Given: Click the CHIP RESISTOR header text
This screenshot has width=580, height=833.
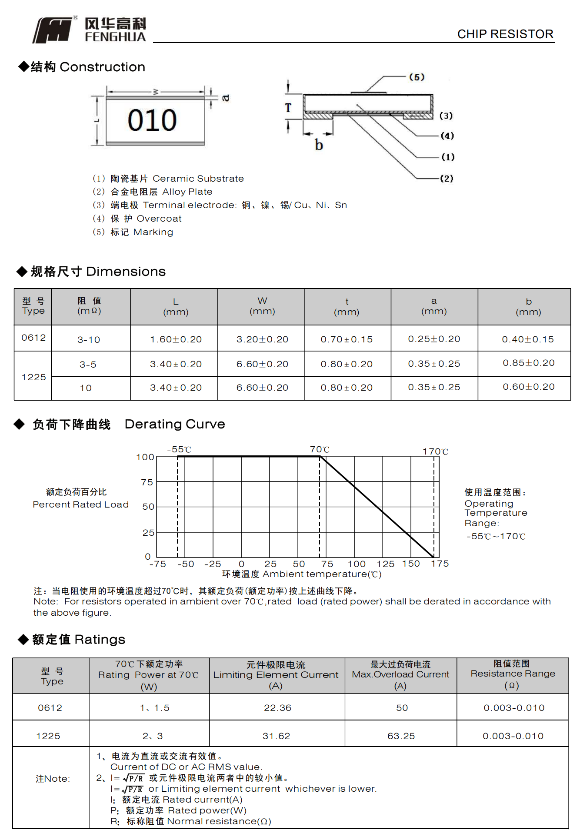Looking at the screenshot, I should click(x=505, y=34).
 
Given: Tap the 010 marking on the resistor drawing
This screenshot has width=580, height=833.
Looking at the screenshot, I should click(x=152, y=120).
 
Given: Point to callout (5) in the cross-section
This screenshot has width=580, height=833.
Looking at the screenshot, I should click(x=417, y=77).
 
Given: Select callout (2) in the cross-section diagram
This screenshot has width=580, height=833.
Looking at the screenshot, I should click(x=447, y=178).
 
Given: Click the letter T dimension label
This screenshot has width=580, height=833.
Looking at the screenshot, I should click(x=288, y=108).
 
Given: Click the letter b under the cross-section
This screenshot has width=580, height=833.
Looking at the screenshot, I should click(x=319, y=145).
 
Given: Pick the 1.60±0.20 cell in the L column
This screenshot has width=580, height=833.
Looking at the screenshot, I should click(x=176, y=339).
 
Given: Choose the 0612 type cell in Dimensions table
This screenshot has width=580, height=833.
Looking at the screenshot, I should click(x=33, y=338).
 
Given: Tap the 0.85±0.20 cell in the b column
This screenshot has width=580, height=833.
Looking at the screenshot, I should click(x=528, y=363).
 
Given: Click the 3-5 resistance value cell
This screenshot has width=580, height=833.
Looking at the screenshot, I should click(x=88, y=365).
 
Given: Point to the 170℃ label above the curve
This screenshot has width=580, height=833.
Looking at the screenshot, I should click(x=435, y=451).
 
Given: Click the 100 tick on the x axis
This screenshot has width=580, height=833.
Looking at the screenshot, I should click(x=357, y=564).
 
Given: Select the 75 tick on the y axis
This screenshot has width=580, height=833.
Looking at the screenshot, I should click(x=147, y=482).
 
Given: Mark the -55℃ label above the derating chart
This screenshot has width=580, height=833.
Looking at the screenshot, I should click(x=179, y=449).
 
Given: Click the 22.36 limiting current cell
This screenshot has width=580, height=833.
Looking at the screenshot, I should click(x=277, y=708).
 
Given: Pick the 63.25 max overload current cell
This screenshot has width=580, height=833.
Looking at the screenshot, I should click(x=401, y=736).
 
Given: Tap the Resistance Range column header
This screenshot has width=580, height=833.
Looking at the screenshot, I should click(x=513, y=674).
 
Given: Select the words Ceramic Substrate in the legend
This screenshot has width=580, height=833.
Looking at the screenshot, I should click(x=198, y=179).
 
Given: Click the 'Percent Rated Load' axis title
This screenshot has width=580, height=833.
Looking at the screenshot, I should click(x=80, y=504).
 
